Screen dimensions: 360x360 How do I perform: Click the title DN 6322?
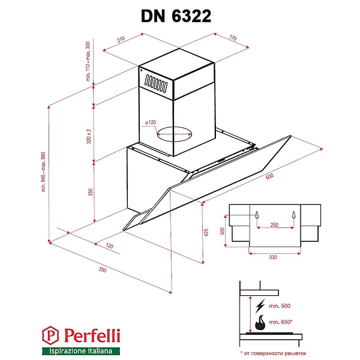[176, 16]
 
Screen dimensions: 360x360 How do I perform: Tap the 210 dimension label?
[120, 41]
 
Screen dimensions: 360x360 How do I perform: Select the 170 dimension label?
[233, 38]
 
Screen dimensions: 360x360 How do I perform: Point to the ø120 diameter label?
[150, 123]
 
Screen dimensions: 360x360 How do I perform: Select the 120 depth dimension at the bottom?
[110, 246]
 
